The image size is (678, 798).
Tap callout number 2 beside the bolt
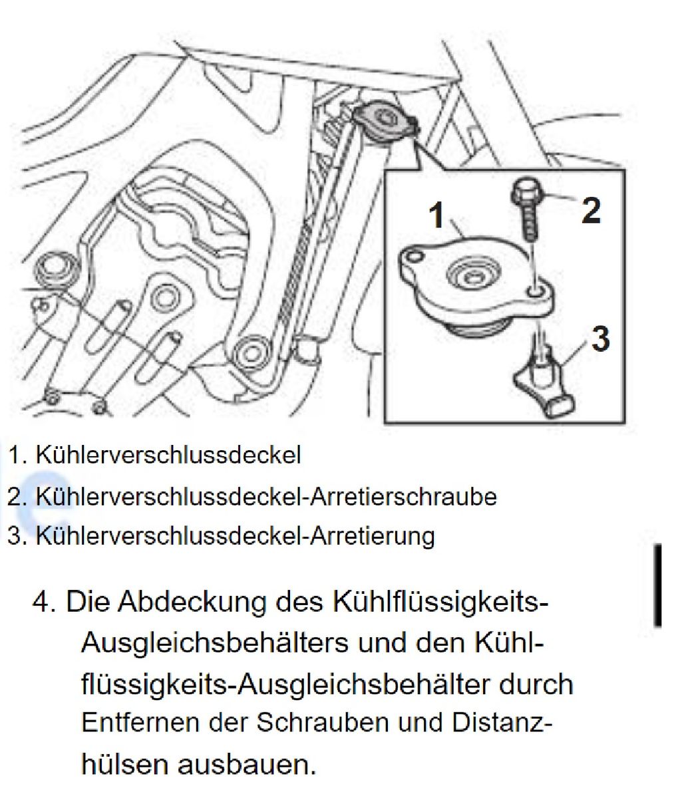pos(592,209)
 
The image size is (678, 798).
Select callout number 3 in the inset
pos(601,338)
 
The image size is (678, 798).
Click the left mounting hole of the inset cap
pos(414,255)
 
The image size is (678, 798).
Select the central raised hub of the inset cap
pos(471,277)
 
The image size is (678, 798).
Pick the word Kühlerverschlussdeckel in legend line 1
pos(168,455)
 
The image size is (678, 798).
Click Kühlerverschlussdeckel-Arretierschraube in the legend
pos(266,497)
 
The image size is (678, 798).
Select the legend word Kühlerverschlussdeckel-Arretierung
pos(235,537)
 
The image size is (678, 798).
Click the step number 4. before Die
pos(45,602)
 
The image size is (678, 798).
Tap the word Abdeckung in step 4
pos(192,602)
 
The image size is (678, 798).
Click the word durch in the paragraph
pos(536,684)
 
